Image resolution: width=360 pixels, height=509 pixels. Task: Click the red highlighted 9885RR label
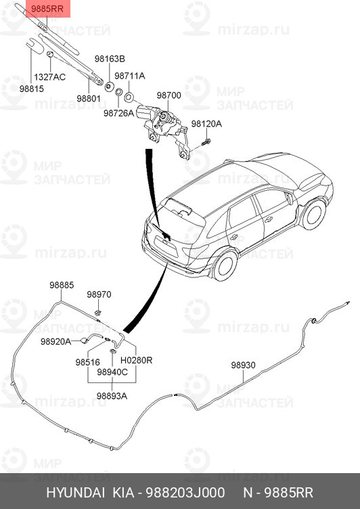46,8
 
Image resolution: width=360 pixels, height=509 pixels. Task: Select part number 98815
31,89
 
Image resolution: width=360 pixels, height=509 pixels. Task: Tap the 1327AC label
50,76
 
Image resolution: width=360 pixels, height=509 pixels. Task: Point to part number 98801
88,98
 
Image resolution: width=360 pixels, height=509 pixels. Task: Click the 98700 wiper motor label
169,96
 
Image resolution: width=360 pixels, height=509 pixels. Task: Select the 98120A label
206,124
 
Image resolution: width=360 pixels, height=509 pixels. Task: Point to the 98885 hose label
61,285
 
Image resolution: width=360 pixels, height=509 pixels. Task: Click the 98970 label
99,294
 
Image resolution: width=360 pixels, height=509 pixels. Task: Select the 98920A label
55,342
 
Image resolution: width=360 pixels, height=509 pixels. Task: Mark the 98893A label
112,396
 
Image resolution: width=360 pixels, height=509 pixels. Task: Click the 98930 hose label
243,365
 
